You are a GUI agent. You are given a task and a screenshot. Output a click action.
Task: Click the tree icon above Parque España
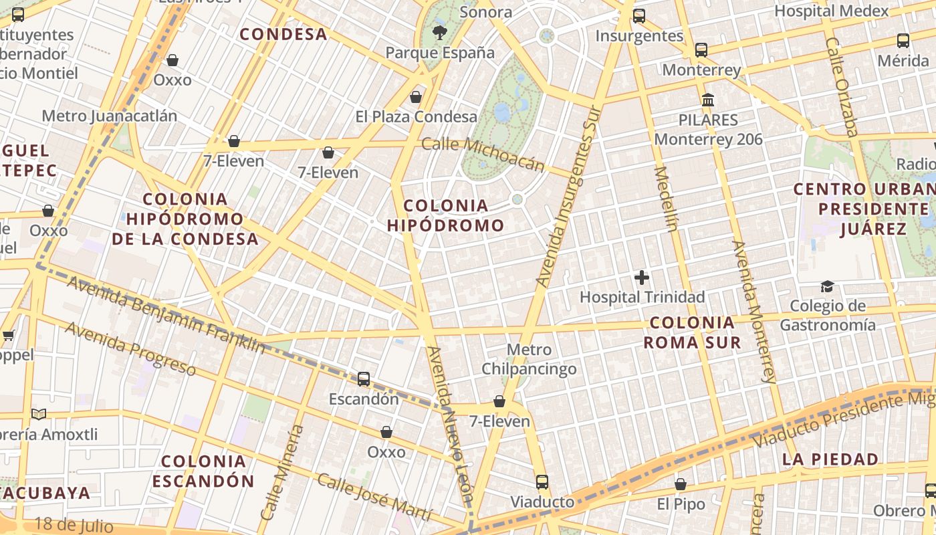coord(439,31)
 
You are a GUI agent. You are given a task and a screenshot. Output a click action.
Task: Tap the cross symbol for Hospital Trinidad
coord(642,277)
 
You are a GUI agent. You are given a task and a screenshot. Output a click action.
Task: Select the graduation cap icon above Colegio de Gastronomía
coord(827,286)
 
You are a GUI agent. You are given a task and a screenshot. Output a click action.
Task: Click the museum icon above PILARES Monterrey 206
coord(708,100)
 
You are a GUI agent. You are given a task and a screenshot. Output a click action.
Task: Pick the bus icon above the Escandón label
coord(364,379)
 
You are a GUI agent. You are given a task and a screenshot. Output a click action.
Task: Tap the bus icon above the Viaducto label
coord(542,481)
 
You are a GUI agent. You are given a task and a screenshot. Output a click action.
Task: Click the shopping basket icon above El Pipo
coord(681,484)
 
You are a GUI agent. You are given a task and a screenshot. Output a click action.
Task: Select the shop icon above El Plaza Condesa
coord(416,97)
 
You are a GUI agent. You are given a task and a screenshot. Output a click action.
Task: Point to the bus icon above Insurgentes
coord(639,15)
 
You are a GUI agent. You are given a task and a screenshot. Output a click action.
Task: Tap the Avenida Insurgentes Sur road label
coord(565,197)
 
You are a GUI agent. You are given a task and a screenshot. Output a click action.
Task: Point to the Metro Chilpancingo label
coord(529,359)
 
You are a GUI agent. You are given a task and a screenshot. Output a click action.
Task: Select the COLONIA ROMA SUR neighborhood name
coord(692,332)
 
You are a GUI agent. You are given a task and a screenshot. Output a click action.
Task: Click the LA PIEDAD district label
coord(830,459)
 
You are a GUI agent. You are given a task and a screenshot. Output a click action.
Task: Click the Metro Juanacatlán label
coord(110,116)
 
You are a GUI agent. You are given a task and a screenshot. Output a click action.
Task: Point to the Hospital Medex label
coord(831,11)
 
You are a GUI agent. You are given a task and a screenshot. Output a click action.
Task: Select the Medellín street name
coord(667,198)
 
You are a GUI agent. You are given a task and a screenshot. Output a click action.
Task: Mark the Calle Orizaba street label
coord(841,87)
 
